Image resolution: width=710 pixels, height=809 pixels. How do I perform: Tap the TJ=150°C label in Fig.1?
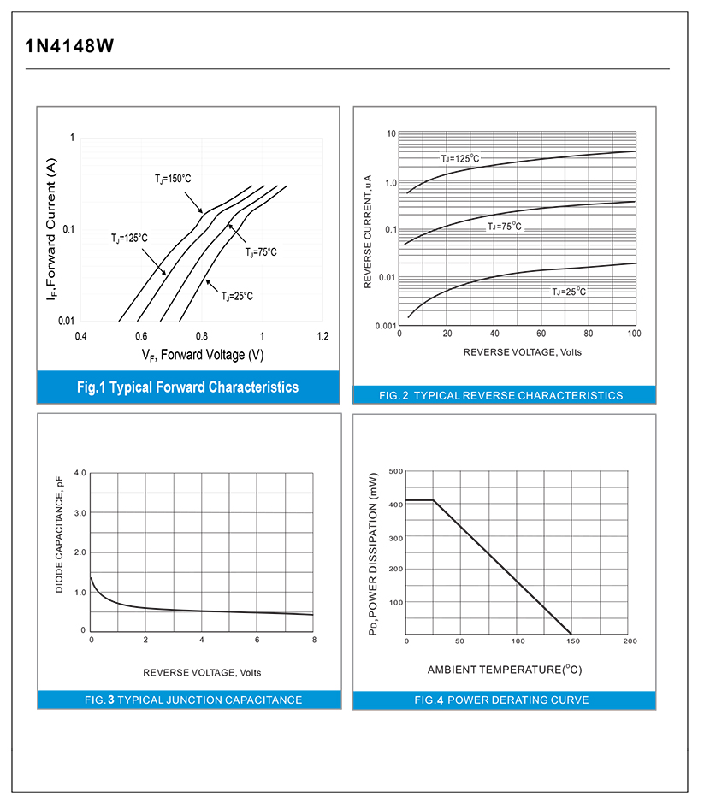(x=174, y=179)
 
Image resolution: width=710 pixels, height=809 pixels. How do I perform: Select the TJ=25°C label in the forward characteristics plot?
(x=238, y=296)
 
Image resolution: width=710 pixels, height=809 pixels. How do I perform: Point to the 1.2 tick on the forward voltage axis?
(x=322, y=336)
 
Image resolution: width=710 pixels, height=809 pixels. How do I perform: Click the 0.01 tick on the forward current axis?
(x=66, y=321)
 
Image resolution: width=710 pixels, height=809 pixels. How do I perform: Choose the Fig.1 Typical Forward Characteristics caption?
(x=187, y=387)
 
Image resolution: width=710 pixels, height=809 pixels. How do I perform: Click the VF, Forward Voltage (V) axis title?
(x=203, y=354)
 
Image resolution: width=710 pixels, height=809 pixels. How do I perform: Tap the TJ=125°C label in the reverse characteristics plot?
(x=460, y=158)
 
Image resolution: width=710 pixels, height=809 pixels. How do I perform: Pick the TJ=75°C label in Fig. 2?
(x=504, y=227)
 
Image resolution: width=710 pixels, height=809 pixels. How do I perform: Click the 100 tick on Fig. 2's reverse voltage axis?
(x=634, y=333)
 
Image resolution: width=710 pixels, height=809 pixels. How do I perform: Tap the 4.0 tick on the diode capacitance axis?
(x=80, y=473)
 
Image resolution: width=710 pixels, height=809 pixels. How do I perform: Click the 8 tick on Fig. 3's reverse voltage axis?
(x=314, y=640)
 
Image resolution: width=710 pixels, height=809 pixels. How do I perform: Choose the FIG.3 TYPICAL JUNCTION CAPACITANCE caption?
(x=193, y=700)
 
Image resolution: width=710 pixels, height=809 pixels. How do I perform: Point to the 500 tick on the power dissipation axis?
(x=395, y=471)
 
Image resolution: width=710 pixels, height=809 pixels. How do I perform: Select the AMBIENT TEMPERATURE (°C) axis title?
(x=505, y=669)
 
